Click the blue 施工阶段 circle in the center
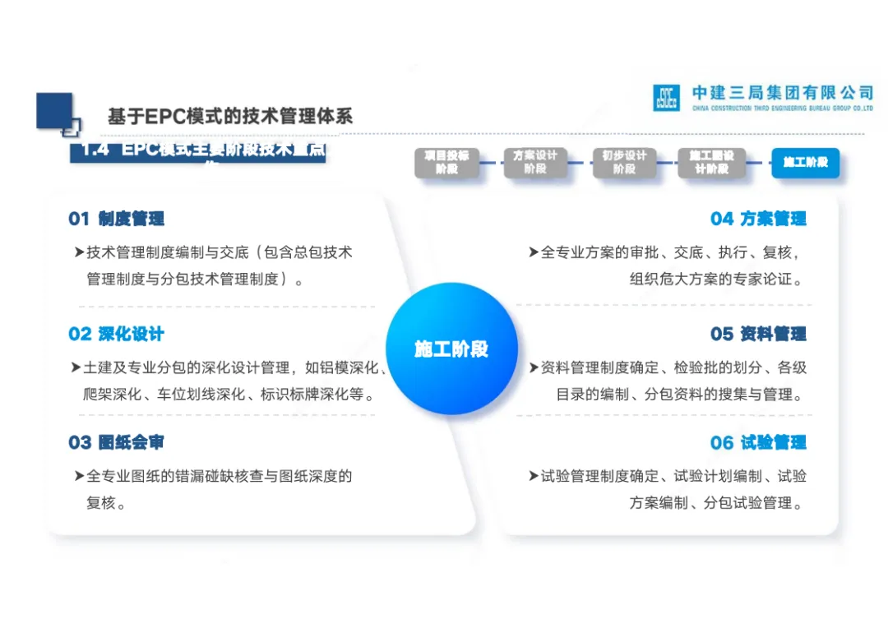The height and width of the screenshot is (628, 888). click(451, 349)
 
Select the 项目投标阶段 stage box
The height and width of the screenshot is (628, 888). click(446, 163)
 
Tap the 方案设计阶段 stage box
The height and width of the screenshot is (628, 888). click(535, 163)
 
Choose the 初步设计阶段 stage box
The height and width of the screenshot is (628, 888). click(624, 163)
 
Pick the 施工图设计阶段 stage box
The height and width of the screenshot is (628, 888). click(712, 163)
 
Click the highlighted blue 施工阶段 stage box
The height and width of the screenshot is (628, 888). click(805, 163)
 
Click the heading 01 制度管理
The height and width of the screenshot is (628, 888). click(116, 219)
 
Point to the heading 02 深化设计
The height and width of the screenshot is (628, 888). click(116, 335)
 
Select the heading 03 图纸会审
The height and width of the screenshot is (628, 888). click(116, 443)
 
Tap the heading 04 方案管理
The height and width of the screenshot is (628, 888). click(758, 219)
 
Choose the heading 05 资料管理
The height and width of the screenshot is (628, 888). click(758, 335)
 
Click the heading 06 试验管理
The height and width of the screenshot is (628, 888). click(758, 443)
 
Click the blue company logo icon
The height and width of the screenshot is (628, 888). click(666, 98)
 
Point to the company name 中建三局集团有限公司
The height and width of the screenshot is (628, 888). click(782, 93)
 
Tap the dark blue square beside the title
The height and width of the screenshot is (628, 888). click(54, 111)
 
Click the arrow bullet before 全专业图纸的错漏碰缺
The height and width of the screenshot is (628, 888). click(79, 476)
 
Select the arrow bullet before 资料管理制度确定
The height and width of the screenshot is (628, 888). click(534, 367)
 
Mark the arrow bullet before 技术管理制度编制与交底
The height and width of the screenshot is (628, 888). click(79, 252)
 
